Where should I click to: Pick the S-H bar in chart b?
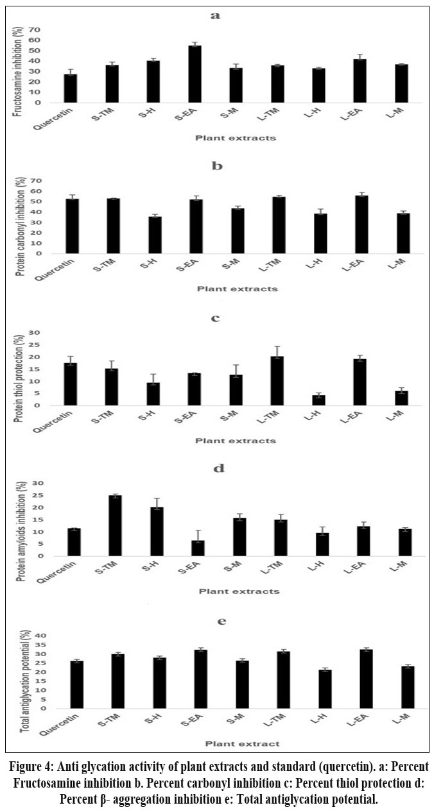point(155,235)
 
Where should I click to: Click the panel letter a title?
point(215,15)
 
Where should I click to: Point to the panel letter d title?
point(218,468)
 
